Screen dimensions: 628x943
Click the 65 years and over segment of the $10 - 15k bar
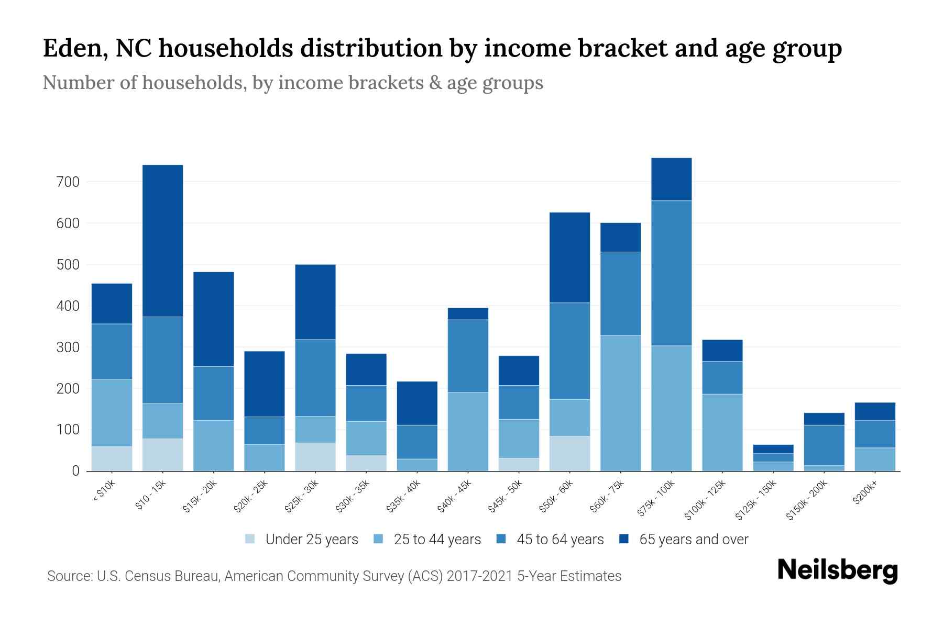pos(162,241)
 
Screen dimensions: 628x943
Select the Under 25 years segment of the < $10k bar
pos(112,458)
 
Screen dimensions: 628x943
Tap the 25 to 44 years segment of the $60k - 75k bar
pos(620,403)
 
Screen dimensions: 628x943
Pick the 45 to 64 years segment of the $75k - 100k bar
pos(671,273)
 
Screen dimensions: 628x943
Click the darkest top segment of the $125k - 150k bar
pos(773,449)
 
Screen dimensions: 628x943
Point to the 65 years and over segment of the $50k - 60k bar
pos(569,257)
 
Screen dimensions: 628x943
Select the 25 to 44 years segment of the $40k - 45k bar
pos(468,431)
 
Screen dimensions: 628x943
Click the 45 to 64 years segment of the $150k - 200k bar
pos(824,445)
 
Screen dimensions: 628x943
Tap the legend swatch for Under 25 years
pos(250,539)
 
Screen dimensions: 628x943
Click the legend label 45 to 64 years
pos(560,539)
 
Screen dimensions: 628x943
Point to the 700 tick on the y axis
pos(69,182)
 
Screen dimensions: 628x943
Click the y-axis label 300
pos(69,347)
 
